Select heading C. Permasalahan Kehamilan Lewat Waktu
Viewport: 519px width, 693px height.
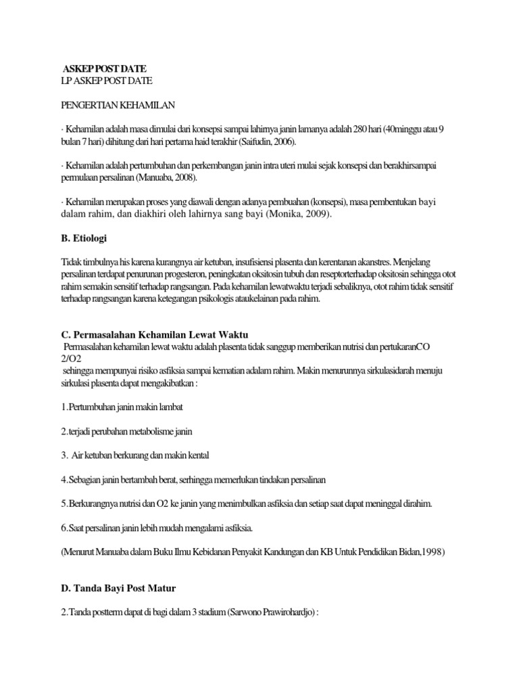(x=155, y=334)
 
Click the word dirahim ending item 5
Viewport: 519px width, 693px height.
(x=416, y=505)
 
